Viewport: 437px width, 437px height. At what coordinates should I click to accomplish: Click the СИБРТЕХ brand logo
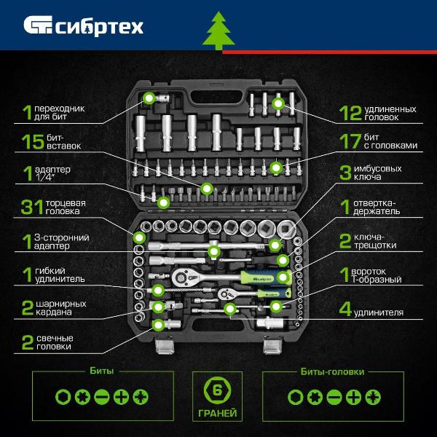(83, 26)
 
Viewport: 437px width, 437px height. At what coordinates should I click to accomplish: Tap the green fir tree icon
(219, 31)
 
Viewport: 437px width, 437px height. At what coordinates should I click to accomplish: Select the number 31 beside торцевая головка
(32, 207)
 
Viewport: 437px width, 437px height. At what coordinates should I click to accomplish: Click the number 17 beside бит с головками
(350, 141)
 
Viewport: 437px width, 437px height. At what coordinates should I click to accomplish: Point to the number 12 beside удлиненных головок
(350, 113)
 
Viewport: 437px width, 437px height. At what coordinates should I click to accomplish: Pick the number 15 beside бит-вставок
(33, 141)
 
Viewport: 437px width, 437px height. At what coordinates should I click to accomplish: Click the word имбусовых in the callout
(377, 168)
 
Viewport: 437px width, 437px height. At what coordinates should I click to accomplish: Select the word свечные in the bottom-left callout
(55, 338)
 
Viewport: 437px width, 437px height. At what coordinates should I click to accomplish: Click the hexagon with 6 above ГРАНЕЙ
(217, 390)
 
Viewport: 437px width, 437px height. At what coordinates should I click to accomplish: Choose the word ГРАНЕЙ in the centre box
(217, 413)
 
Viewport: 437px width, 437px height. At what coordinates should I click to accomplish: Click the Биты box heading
(102, 371)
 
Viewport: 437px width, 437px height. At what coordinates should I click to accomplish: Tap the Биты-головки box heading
(333, 371)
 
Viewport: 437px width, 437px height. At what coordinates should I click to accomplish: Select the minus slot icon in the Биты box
(102, 397)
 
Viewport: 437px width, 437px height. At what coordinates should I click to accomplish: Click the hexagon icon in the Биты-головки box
(295, 397)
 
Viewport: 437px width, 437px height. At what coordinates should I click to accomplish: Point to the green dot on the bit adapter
(149, 98)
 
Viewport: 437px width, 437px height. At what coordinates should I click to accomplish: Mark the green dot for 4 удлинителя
(230, 308)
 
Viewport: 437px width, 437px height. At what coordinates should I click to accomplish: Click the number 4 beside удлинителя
(345, 309)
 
